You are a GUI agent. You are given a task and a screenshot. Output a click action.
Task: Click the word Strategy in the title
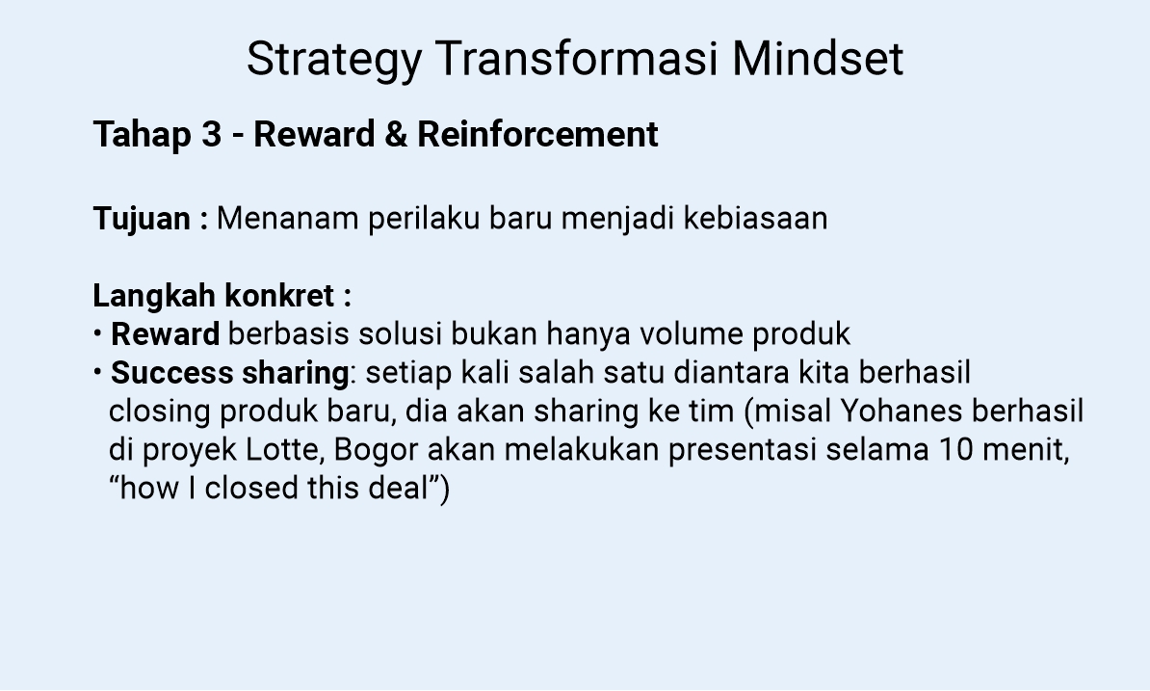pyautogui.click(x=333, y=60)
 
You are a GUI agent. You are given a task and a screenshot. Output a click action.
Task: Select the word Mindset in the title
pyautogui.click(x=818, y=60)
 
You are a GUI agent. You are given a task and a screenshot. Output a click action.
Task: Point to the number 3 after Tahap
pyautogui.click(x=212, y=135)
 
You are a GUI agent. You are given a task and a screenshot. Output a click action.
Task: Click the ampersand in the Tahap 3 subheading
pyautogui.click(x=395, y=135)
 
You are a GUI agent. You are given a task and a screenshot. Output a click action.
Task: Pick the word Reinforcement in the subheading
pyautogui.click(x=537, y=135)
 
